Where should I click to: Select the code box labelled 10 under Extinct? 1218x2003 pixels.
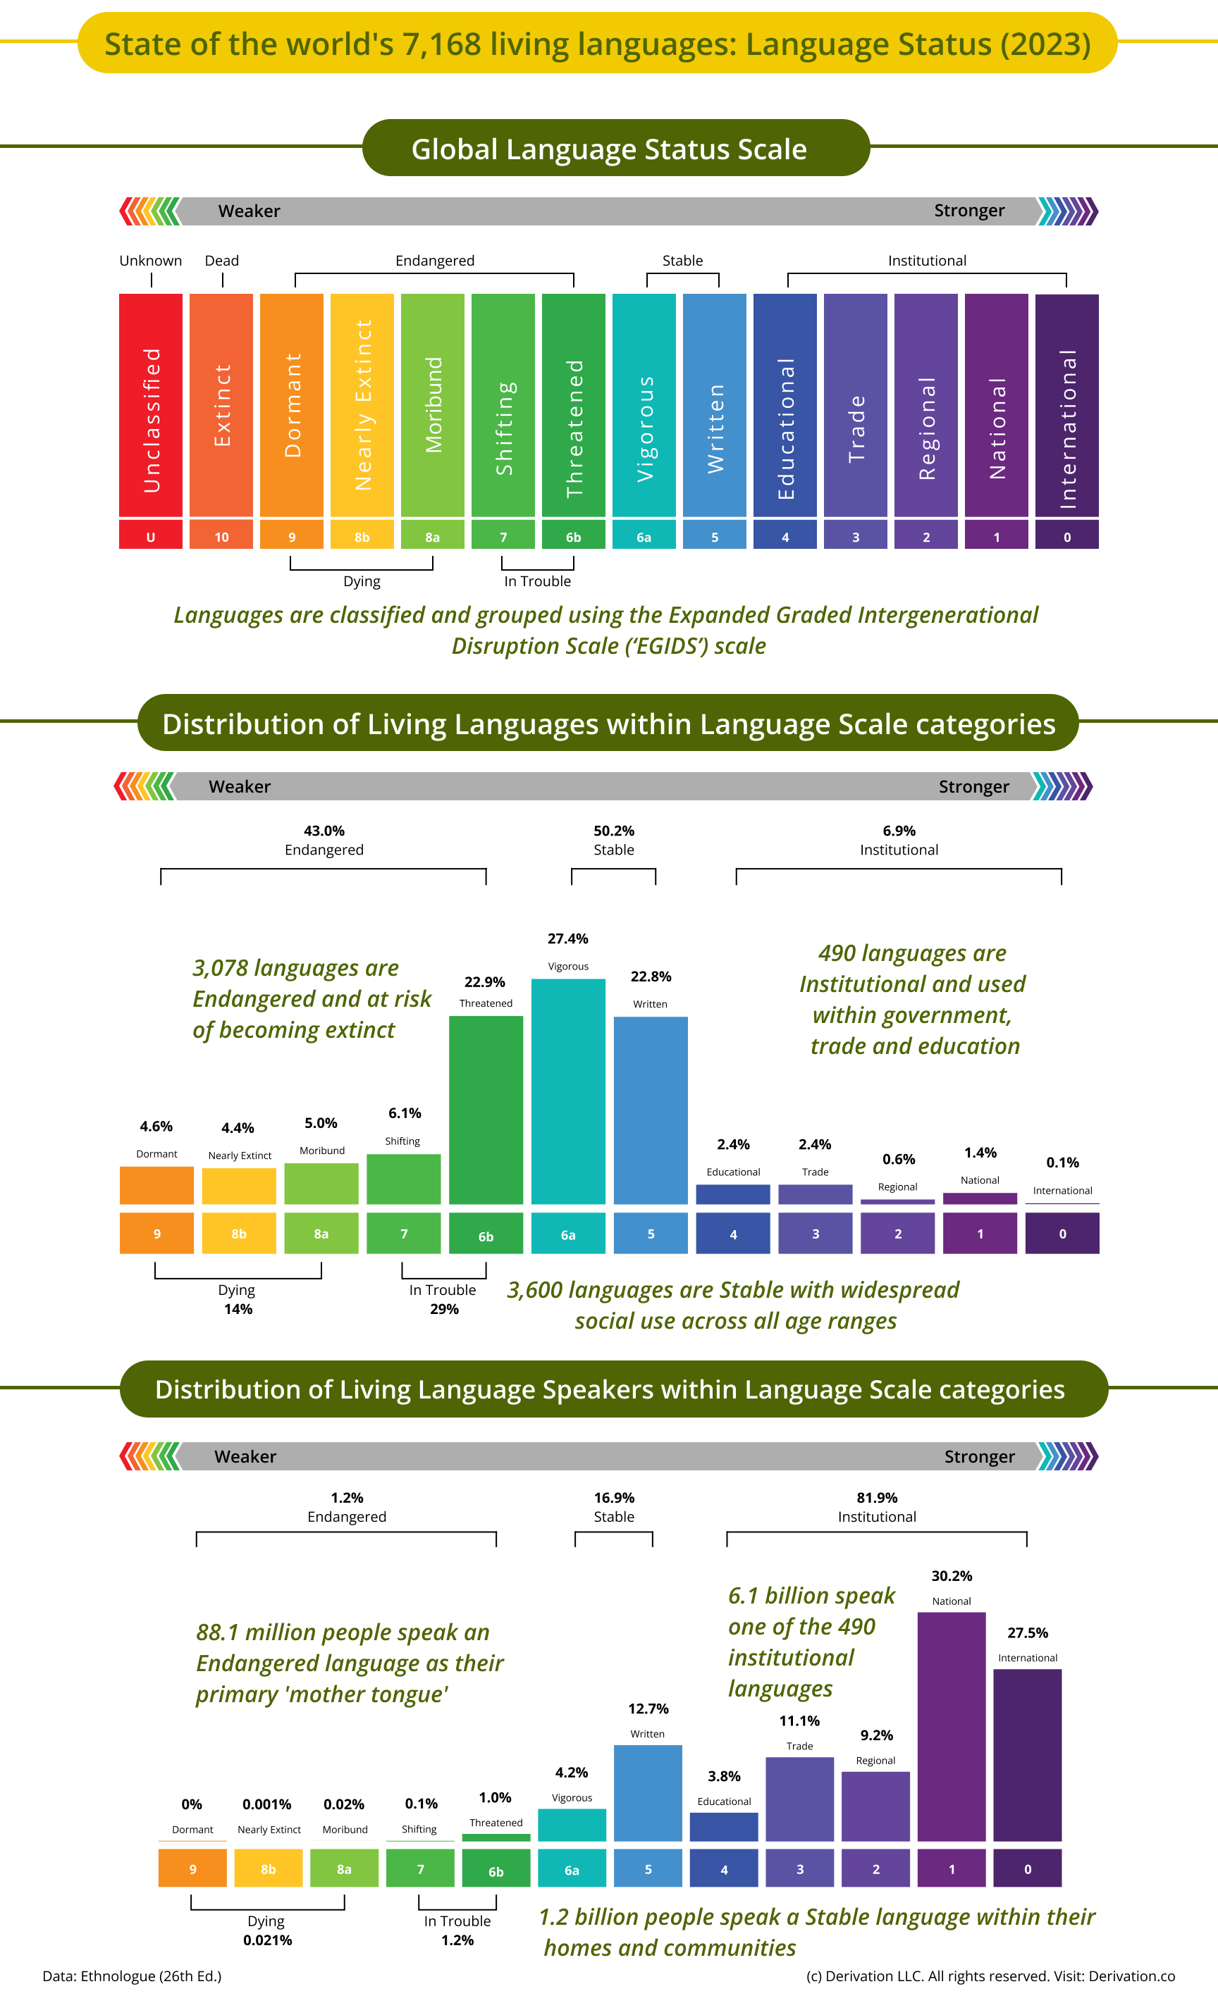coord(221,537)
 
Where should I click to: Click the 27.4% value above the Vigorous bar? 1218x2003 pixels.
coord(567,938)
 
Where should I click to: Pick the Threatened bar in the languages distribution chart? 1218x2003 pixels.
coord(486,1110)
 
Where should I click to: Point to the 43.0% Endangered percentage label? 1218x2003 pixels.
coord(324,831)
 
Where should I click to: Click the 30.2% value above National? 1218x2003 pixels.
coord(952,1575)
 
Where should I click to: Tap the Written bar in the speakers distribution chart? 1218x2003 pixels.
coord(647,1792)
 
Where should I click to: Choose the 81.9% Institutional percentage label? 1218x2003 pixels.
coord(877,1497)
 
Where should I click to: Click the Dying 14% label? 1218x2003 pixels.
coord(238,1299)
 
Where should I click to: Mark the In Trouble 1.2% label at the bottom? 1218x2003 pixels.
coord(457,1930)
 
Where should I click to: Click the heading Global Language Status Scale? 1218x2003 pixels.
coord(609,149)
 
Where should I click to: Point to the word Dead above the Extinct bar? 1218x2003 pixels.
coord(221,260)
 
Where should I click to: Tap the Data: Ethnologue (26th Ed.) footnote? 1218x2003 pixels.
coord(132,1976)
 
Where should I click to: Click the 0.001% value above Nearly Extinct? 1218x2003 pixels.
coord(266,1804)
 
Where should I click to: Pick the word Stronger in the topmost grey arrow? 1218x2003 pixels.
coord(968,211)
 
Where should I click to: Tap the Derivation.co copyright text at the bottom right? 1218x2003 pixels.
coord(990,1976)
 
